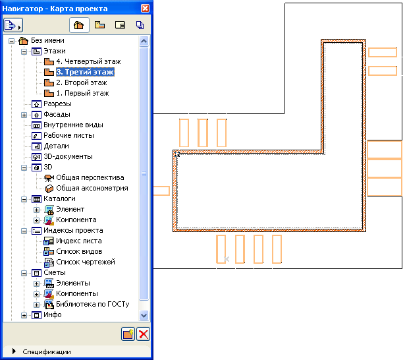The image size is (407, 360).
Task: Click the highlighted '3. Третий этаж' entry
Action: coord(84,72)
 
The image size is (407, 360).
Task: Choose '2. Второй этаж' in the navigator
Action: coord(81,82)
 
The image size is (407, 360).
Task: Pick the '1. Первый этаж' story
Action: coord(82,93)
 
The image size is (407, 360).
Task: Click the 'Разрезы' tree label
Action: coord(57,104)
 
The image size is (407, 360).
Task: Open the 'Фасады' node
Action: coord(57,114)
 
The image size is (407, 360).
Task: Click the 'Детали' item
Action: coord(57,146)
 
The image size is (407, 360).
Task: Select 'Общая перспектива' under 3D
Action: coord(90,177)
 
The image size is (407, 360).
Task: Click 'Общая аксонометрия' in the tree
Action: coord(92,188)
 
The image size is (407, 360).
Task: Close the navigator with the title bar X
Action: coord(145,7)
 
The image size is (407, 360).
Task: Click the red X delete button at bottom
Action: coord(143,334)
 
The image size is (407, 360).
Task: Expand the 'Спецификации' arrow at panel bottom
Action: coord(13,351)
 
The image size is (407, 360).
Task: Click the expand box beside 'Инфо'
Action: coord(24,315)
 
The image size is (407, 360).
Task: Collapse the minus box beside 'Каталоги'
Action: coord(24,198)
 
